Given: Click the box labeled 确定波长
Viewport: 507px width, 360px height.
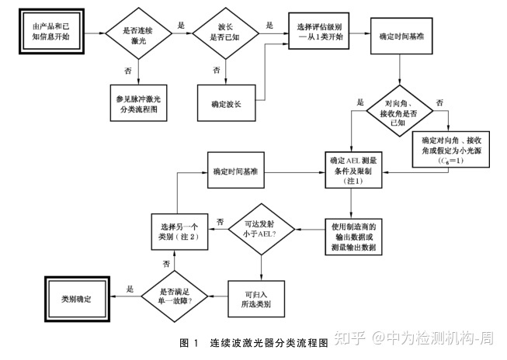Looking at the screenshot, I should [x=226, y=102].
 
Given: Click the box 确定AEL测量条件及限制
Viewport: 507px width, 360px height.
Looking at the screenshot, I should [x=354, y=170].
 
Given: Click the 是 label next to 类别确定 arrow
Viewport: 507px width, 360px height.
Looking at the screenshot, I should [x=130, y=288].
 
